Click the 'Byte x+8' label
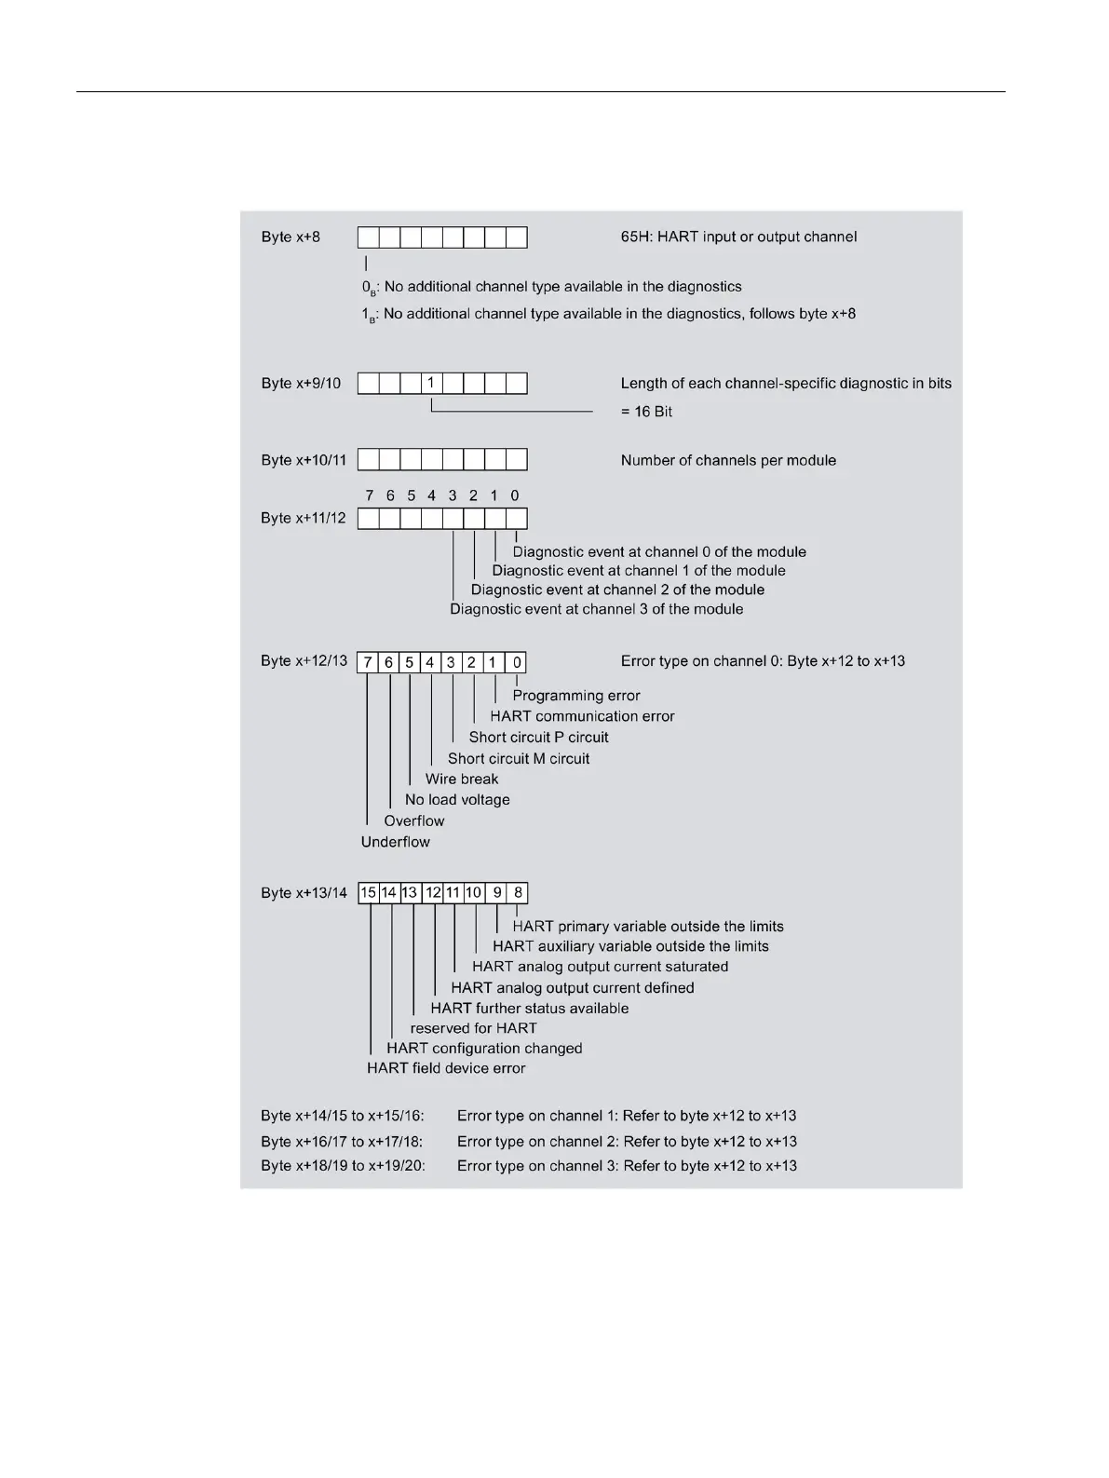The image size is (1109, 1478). (291, 237)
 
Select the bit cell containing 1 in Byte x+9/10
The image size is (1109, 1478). (431, 383)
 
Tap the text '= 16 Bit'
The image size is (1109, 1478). (646, 412)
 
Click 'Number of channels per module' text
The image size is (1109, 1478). (728, 460)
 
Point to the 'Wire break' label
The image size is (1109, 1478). (462, 779)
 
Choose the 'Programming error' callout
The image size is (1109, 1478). (576, 696)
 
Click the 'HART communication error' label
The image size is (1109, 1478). (582, 716)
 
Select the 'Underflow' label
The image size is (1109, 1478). (396, 842)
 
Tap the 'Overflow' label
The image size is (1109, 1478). (414, 820)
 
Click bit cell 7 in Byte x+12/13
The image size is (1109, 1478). (368, 662)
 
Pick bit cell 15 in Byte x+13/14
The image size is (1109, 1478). (369, 893)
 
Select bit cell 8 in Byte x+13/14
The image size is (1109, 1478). (518, 893)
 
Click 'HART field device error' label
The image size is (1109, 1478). (446, 1068)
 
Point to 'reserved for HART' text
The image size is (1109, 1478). (473, 1028)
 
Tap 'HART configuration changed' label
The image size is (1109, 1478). (484, 1048)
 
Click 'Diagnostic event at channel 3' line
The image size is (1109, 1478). (596, 609)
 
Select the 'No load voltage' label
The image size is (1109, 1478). (457, 799)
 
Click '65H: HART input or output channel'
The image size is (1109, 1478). (738, 237)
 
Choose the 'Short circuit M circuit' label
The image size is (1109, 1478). (519, 758)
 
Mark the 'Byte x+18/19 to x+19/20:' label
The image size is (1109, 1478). (343, 1165)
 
